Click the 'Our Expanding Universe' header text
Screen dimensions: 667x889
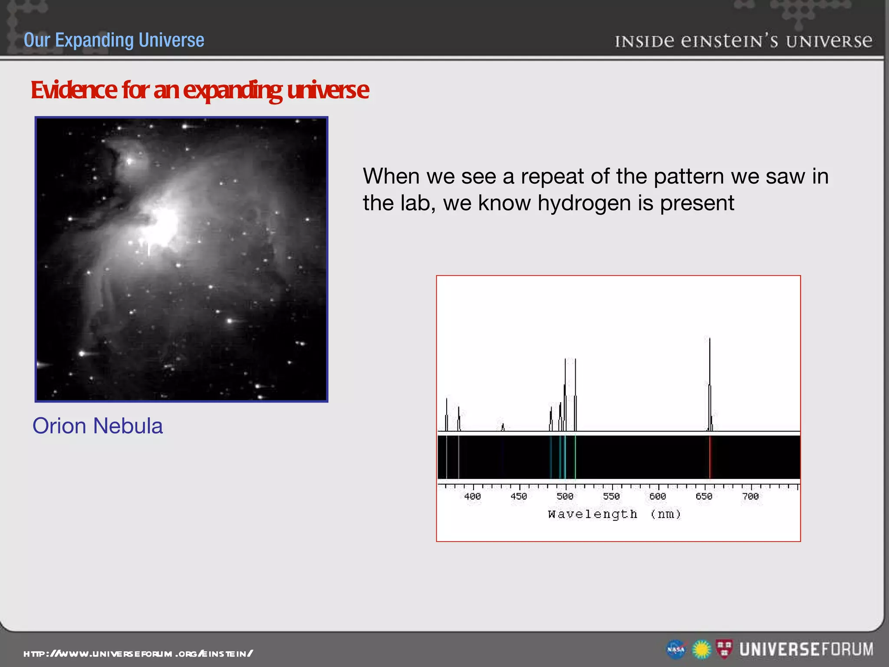(x=114, y=40)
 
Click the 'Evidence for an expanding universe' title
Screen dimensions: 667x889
(x=200, y=90)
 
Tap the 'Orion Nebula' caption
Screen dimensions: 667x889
(x=98, y=426)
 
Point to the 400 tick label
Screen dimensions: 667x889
(x=472, y=496)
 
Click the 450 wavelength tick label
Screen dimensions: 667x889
(x=519, y=496)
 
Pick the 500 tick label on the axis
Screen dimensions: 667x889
(x=565, y=496)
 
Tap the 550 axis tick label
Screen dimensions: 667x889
(x=611, y=496)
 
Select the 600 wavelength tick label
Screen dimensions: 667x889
(x=658, y=496)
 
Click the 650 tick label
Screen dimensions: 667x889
(x=704, y=496)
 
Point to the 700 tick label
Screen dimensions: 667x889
(x=751, y=496)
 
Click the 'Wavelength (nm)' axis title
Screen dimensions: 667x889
(x=614, y=515)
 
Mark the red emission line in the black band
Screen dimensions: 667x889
(x=710, y=457)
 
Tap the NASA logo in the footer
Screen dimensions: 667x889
(x=676, y=650)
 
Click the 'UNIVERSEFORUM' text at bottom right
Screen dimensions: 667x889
(x=807, y=650)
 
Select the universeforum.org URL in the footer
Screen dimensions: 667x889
(x=138, y=654)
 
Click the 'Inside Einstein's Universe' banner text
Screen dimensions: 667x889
(x=743, y=41)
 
